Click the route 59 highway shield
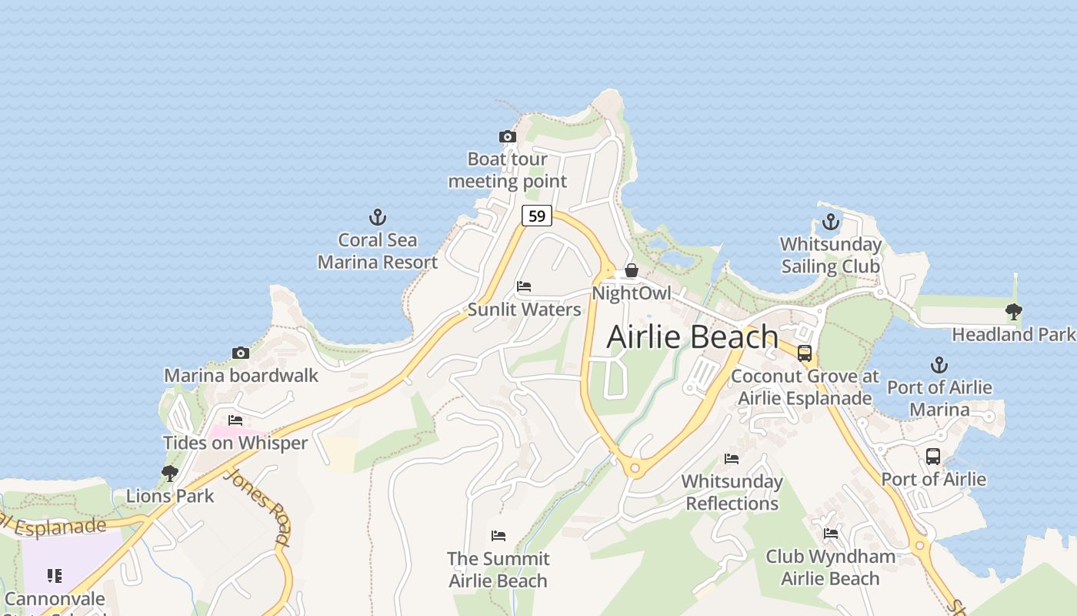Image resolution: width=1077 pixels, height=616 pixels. coord(536,216)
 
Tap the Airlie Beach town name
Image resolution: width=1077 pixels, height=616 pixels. coord(692,337)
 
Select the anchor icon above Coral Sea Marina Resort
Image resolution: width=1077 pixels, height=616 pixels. coord(378,216)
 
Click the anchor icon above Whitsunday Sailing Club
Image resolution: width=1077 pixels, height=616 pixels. coord(831,222)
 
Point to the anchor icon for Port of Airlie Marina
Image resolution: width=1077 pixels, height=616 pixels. coord(939,365)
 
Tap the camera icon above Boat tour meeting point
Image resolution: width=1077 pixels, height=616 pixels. coord(507,137)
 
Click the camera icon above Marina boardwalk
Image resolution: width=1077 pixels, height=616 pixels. coord(241,353)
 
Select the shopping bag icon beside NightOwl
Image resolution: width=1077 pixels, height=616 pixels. coord(632,270)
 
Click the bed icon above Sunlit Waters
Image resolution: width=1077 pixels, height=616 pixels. coord(524,286)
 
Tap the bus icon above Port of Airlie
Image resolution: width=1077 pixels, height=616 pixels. coord(933,456)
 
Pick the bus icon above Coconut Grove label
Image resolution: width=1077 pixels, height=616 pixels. coord(805,353)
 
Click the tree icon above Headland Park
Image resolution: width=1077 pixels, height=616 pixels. coord(1014,312)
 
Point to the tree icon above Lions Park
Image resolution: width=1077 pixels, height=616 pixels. coord(170,473)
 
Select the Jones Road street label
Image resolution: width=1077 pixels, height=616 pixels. coord(258,507)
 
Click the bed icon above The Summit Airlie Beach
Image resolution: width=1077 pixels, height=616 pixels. coord(498,535)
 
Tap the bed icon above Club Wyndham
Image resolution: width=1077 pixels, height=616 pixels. coord(830,533)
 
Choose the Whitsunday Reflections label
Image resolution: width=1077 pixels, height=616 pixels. coord(732,493)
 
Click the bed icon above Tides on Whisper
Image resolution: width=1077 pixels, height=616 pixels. coord(235,420)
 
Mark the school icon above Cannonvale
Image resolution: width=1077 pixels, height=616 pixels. coord(54,575)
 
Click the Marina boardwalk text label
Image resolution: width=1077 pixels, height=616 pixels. coord(241,376)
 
